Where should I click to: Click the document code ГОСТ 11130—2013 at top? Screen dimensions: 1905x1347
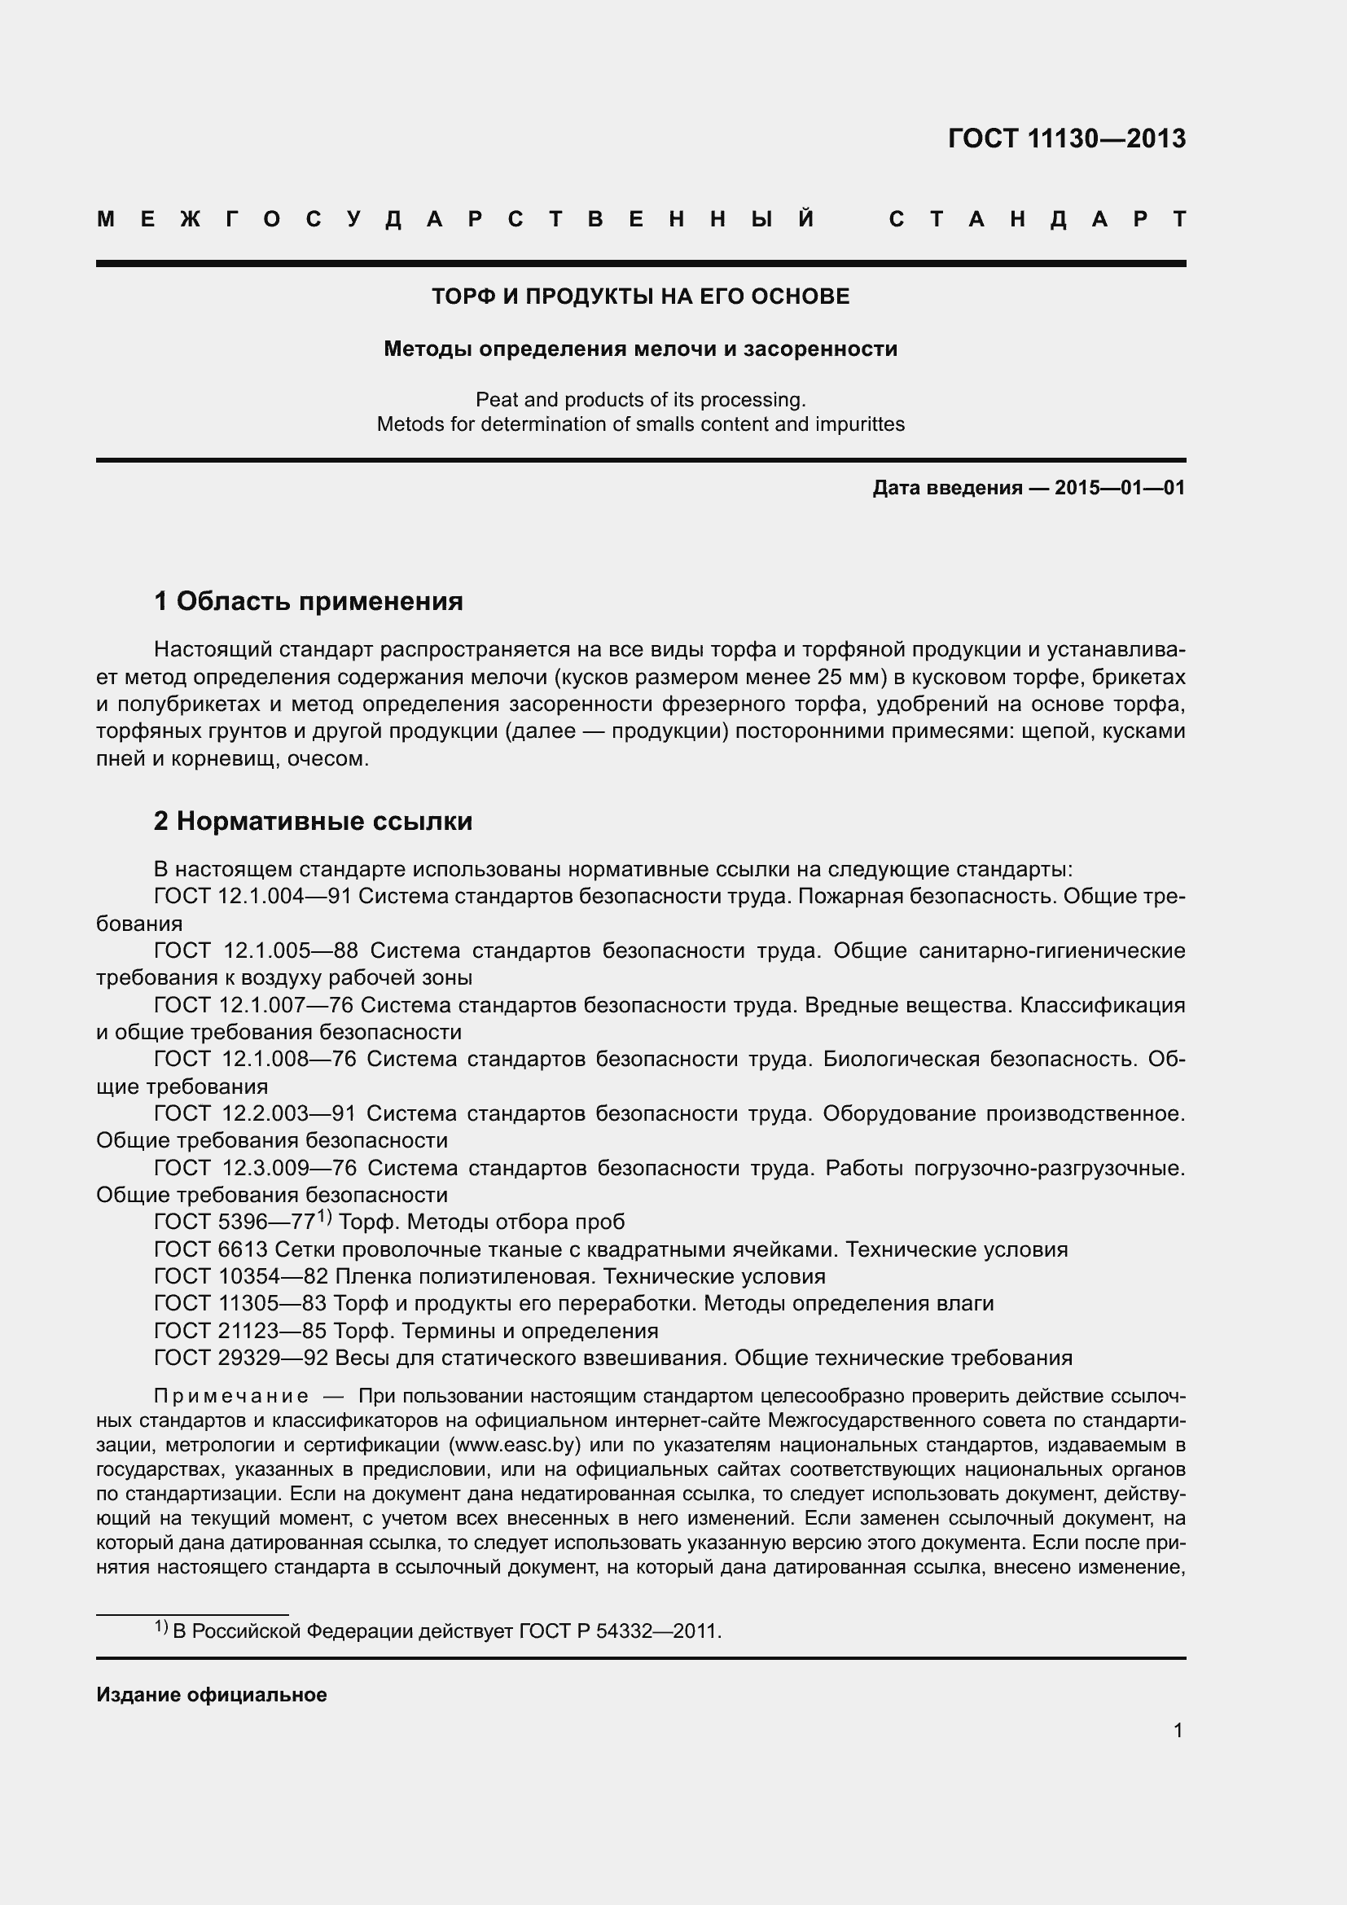(x=1066, y=138)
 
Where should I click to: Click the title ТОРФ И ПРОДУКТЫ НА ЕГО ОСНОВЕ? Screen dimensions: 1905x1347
(x=640, y=297)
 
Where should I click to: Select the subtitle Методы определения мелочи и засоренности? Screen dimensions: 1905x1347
(x=640, y=349)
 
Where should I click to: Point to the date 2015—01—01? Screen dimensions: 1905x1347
(x=1120, y=488)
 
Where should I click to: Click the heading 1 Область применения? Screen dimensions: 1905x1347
(x=309, y=601)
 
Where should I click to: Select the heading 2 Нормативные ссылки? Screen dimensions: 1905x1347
(x=313, y=822)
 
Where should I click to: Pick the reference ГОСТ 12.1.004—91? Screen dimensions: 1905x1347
(x=253, y=897)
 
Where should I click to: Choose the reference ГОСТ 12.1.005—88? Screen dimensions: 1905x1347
(x=257, y=950)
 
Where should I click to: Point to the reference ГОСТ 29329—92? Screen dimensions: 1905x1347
(x=241, y=1359)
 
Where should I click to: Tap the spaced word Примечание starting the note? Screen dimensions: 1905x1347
(x=231, y=1397)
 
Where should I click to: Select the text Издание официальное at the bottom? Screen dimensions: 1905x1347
(x=212, y=1695)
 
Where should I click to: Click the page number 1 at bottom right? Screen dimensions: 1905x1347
(x=1178, y=1730)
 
